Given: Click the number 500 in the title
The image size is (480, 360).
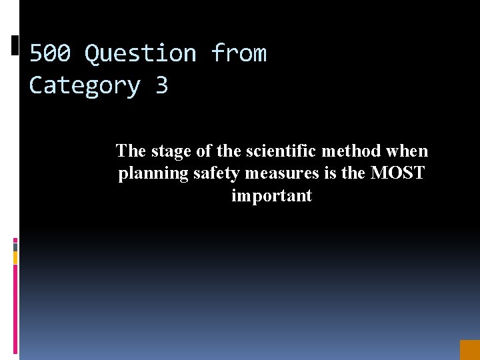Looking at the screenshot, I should click(50, 53).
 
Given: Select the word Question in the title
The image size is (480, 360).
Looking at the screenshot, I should click(141, 53).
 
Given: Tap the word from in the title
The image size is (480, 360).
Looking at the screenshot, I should click(239, 53).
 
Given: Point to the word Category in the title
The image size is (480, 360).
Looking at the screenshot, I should click(85, 85).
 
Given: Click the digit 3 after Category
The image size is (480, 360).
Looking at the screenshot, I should click(161, 85).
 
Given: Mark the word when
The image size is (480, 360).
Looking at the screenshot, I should click(407, 151).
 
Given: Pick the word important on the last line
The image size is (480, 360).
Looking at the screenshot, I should click(271, 196).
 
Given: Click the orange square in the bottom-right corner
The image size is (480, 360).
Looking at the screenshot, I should click(469, 349).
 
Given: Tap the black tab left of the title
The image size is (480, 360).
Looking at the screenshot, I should click(15, 45).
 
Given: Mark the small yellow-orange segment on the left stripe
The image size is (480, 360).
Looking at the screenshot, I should click(15, 257).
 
